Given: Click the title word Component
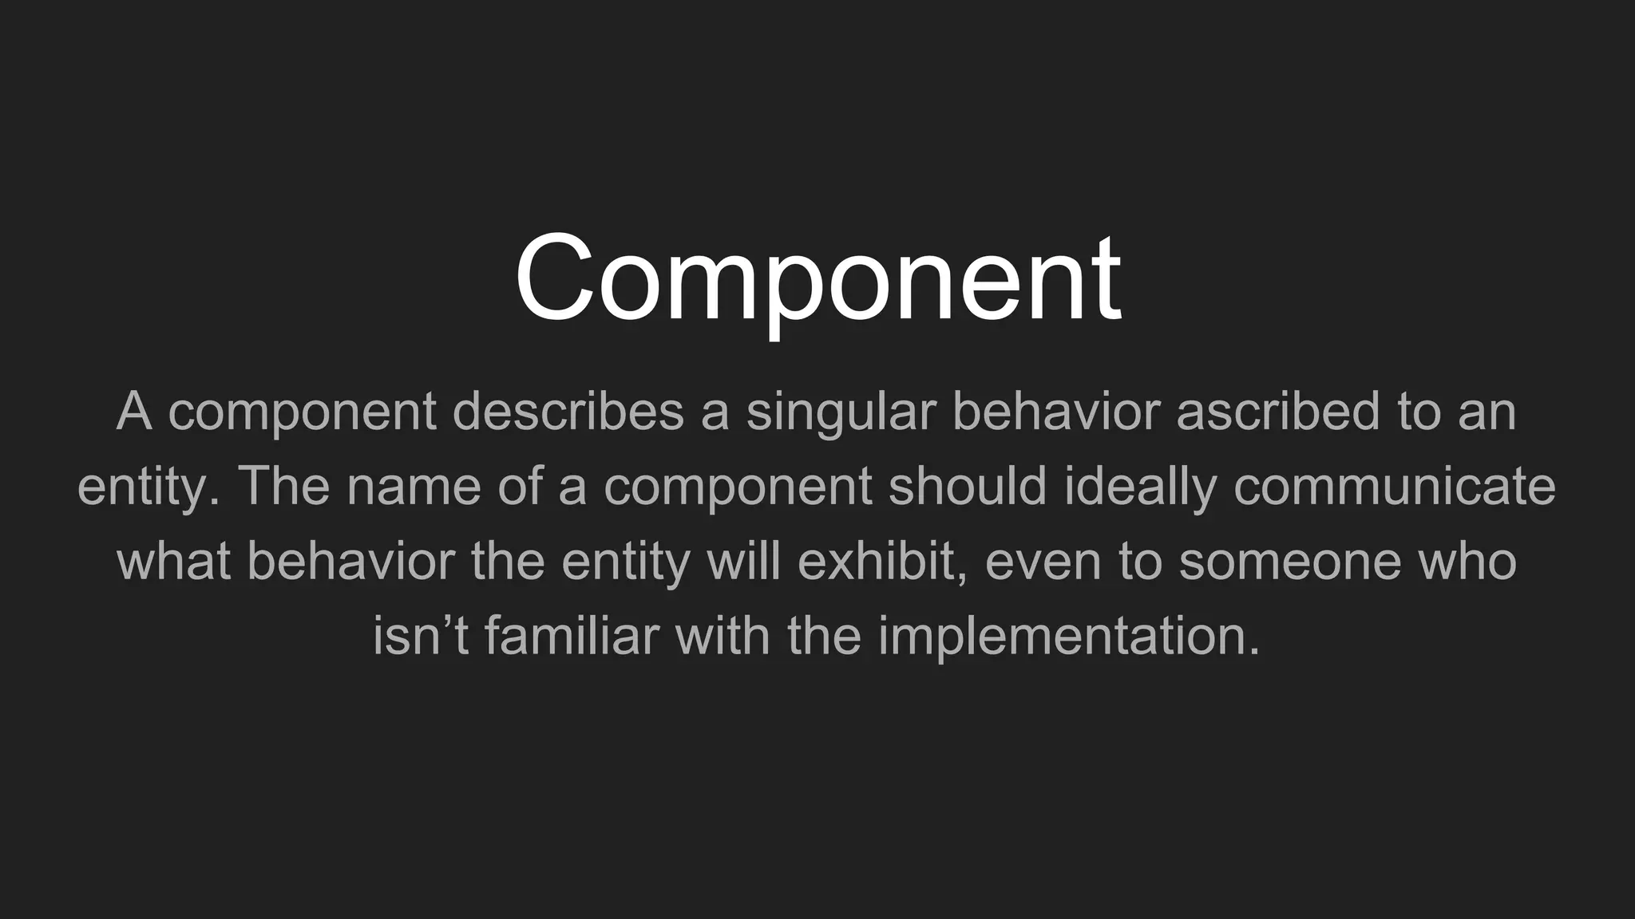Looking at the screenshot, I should (818, 279).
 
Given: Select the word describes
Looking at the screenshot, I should (568, 412).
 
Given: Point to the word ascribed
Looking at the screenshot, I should (1278, 412).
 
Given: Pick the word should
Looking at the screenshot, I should (968, 487).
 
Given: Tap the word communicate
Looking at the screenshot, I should (1395, 487).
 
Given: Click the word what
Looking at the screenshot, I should (174, 561).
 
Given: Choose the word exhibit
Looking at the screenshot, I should (883, 561).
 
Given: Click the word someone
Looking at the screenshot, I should (1289, 561).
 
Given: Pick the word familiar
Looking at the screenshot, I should (572, 636).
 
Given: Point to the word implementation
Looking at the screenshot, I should (1069, 636).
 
